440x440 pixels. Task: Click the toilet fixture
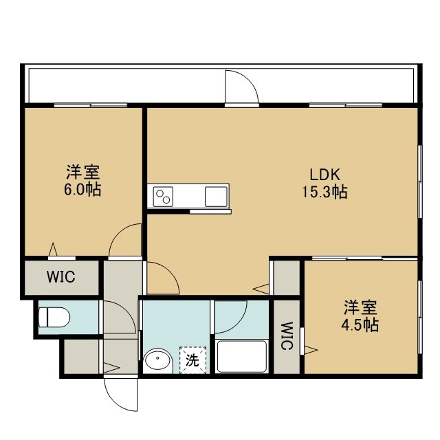click(54, 317)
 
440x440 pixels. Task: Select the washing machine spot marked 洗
click(192, 360)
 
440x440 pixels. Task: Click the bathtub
click(241, 356)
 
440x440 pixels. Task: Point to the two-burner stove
click(163, 197)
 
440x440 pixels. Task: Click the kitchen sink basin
click(216, 197)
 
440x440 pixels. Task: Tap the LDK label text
click(324, 174)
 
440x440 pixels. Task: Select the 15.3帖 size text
click(324, 192)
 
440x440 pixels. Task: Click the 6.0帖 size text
click(82, 190)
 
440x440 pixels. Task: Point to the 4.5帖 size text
click(360, 325)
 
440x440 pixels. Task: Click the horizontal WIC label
click(61, 277)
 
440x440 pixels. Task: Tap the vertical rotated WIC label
click(287, 336)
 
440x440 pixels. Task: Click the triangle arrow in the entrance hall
click(111, 368)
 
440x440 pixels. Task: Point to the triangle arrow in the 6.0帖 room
click(53, 249)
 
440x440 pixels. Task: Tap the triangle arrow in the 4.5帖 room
click(311, 350)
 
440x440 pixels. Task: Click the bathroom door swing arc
click(239, 324)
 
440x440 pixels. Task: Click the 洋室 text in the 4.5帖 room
click(360, 307)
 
